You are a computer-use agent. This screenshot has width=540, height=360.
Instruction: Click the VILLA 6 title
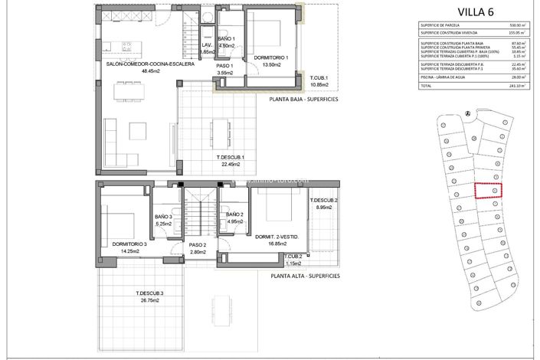tap(480, 12)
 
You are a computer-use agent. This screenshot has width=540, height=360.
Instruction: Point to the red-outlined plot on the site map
tap(488, 191)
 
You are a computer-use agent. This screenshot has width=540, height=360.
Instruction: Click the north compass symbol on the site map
tap(466, 114)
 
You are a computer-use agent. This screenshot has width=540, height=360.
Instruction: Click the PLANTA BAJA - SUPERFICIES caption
tap(305, 99)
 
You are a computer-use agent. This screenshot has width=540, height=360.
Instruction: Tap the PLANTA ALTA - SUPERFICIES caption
tap(305, 275)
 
